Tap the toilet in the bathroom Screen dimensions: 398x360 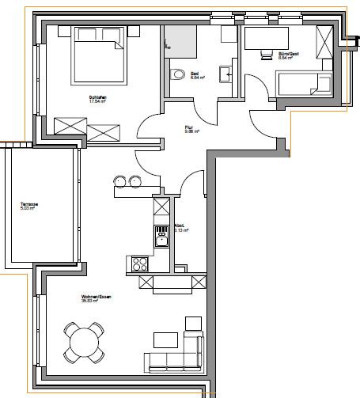175,74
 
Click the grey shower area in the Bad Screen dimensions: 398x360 180,38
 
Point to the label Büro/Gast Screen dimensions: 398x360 290,54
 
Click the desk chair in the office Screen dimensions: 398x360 265,52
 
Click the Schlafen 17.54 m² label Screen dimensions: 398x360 97,100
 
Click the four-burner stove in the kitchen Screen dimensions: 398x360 140,263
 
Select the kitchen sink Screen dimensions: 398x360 161,236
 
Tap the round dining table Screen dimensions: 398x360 85,343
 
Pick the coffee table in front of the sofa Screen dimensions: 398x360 165,339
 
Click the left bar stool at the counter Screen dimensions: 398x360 121,180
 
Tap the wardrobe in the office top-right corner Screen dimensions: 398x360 325,41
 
